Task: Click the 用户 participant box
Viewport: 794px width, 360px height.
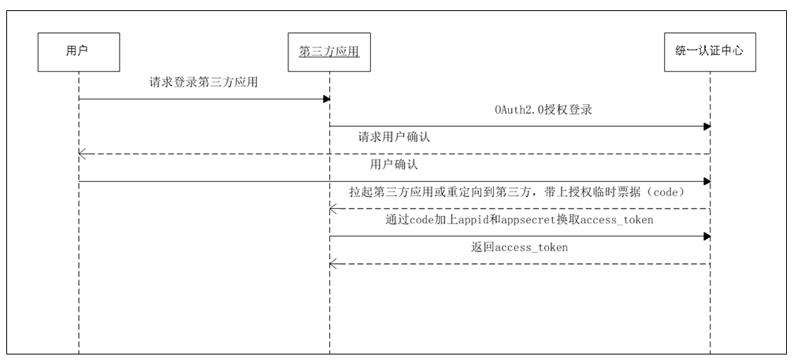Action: coord(79,51)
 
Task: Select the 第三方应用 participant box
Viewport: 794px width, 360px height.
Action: coord(329,51)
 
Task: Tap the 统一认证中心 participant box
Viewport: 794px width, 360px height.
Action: coord(711,51)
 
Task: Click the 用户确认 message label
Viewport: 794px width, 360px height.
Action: coord(393,165)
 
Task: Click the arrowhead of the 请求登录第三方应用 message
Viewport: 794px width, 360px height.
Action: coord(325,99)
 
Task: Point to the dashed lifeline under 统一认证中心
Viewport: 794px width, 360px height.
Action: coord(711,307)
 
